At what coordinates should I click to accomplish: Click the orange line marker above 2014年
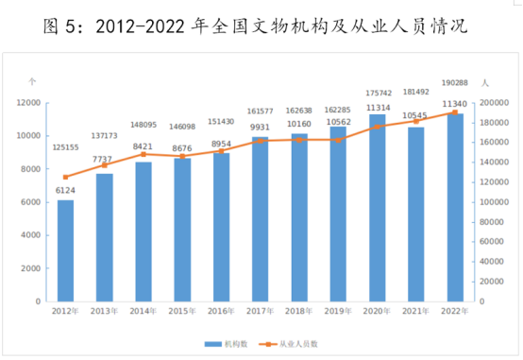click(x=143, y=154)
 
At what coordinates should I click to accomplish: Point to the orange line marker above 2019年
click(x=338, y=140)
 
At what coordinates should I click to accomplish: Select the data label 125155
click(x=66, y=147)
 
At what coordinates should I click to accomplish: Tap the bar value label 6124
click(x=65, y=191)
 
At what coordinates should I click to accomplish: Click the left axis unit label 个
click(x=32, y=83)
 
